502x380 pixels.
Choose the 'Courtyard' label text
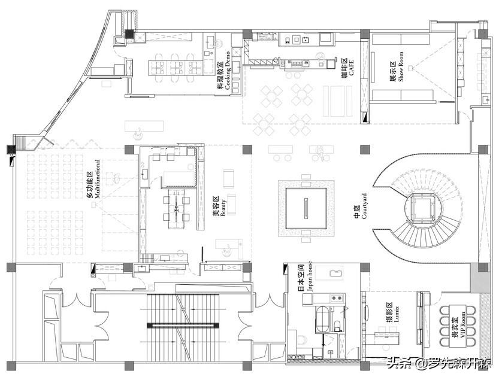[x=361, y=206]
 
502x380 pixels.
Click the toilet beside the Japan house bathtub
[x=337, y=326]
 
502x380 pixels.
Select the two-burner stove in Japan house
[x=337, y=297]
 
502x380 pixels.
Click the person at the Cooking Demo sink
[x=219, y=42]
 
